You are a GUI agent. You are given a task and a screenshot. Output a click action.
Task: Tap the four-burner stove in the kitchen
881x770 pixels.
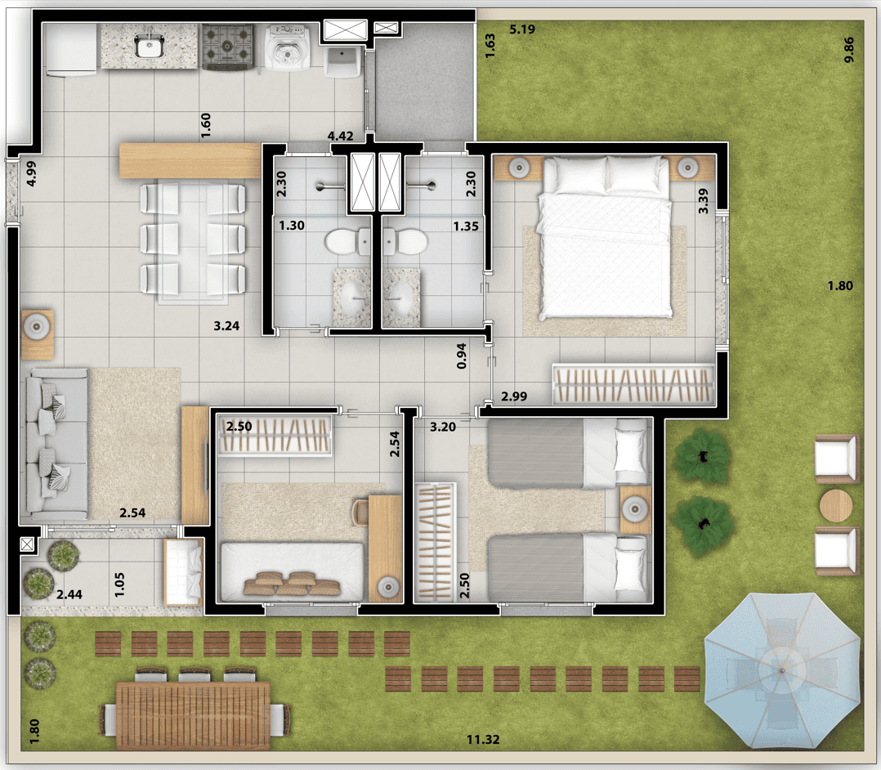coord(227,46)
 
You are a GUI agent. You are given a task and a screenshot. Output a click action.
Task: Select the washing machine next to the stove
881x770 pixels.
coord(287,47)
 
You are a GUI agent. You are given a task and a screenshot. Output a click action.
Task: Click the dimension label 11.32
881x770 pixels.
coord(483,740)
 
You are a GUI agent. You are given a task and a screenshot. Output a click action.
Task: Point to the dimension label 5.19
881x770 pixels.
coord(522,29)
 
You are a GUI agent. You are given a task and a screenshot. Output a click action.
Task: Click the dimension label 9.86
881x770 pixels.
coord(848,50)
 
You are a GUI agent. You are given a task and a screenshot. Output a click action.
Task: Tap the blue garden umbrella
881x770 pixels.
coord(782,671)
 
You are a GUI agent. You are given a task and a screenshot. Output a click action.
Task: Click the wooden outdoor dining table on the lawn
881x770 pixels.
coord(193,715)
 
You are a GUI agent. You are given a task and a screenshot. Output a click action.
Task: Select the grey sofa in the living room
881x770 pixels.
coord(56,444)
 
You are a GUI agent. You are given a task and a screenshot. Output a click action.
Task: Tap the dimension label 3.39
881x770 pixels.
coord(703,200)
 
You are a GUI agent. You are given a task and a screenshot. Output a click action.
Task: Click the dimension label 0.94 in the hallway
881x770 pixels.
coord(461,356)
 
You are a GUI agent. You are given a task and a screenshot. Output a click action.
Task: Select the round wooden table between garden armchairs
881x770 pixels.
coord(836,506)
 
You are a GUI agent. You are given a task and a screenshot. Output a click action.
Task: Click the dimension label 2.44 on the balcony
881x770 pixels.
coord(69,594)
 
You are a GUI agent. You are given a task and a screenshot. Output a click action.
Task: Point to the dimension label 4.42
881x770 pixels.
coord(341,136)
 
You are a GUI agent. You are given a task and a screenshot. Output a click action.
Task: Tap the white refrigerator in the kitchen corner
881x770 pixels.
coord(71,50)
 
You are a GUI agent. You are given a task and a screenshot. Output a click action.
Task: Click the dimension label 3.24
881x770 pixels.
coord(226,326)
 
